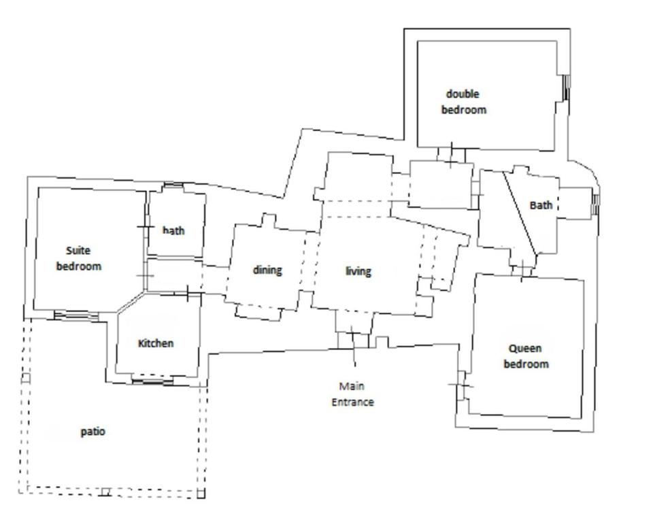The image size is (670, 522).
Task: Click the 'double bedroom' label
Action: [464, 102]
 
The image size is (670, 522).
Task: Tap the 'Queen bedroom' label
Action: [526, 356]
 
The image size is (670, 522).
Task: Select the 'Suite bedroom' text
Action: [79, 259]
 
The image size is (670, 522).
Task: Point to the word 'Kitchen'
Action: [156, 343]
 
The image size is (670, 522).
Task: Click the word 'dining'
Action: [267, 271]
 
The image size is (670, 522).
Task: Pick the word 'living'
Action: [358, 271]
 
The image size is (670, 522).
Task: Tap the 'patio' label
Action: [93, 432]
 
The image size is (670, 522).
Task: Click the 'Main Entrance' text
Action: [352, 394]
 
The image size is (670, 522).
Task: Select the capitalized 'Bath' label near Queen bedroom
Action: [541, 205]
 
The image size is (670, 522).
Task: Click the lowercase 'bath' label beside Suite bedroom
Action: [173, 230]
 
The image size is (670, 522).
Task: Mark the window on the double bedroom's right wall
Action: [566, 88]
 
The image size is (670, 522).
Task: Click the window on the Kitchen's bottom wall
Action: [152, 380]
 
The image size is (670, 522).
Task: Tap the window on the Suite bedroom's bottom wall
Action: [76, 315]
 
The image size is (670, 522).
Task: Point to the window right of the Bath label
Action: [595, 205]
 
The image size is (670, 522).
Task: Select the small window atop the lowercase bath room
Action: [173, 186]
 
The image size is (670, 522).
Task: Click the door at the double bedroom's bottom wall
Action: [452, 155]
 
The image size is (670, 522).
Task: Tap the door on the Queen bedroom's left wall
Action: [461, 385]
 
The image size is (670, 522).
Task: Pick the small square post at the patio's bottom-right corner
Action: [201, 494]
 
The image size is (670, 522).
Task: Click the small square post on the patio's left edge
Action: [26, 378]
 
